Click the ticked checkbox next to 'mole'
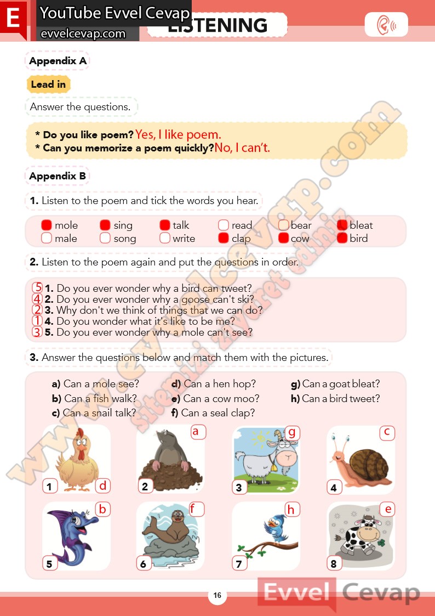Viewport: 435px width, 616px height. [46, 225]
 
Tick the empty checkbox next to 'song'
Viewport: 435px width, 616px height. [105, 238]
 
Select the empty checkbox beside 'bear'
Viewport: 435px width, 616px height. [283, 225]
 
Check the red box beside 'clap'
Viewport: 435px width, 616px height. [224, 238]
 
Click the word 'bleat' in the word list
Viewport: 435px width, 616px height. [361, 225]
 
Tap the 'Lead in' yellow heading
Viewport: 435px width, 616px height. [48, 84]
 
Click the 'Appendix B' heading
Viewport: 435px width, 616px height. [58, 176]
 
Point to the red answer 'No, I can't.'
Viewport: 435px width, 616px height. [242, 148]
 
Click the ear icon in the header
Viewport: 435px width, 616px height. [386, 24]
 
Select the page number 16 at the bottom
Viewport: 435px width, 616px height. [218, 595]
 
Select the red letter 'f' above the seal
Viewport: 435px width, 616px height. [193, 509]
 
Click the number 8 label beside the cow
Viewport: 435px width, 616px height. [334, 564]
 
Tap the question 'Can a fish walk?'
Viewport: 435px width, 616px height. [94, 398]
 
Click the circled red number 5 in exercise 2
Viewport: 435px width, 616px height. [38, 288]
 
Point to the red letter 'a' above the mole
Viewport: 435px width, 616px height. [196, 432]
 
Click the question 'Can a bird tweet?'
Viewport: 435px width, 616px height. [335, 398]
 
